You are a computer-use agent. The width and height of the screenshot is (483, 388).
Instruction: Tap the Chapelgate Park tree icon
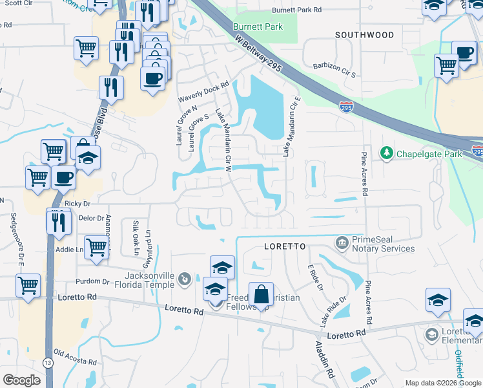pos(387,153)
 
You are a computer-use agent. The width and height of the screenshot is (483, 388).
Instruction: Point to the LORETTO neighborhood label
pos(284,247)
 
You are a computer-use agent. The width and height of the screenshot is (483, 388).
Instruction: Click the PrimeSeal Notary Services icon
pos(341,243)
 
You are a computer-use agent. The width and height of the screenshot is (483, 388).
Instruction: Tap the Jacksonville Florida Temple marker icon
pos(185,279)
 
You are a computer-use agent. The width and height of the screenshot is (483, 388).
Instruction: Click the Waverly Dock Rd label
pos(204,92)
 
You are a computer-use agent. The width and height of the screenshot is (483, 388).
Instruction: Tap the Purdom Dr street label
pos(93,281)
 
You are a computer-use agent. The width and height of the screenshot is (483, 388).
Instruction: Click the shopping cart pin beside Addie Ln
pos(96,246)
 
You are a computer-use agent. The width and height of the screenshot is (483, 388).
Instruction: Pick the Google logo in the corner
pos(22,380)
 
